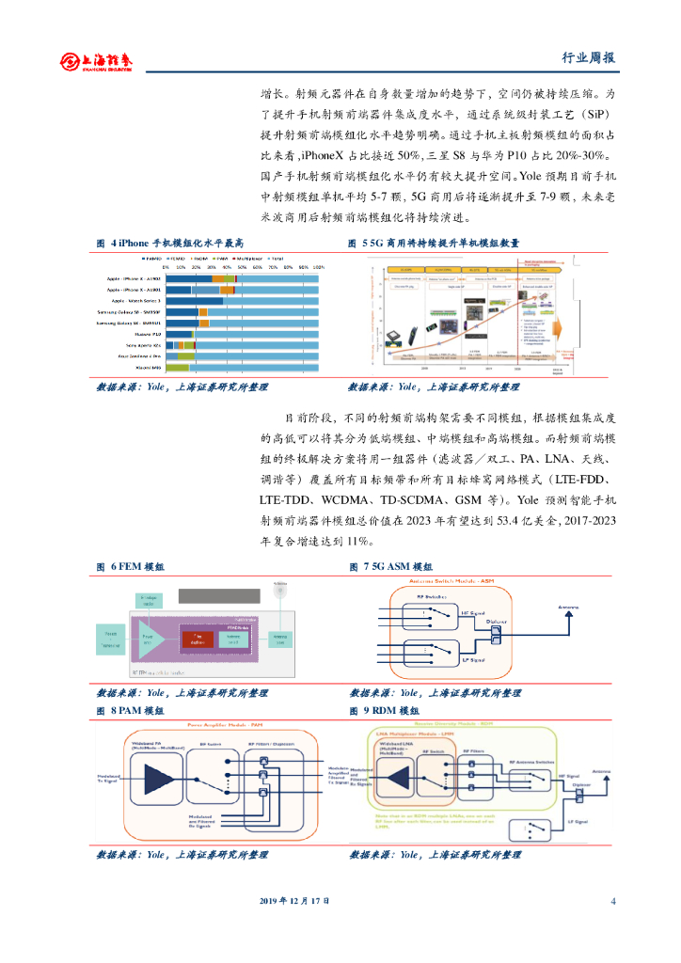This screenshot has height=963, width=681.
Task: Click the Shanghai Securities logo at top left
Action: coord(96,61)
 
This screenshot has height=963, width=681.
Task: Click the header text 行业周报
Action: coord(594,57)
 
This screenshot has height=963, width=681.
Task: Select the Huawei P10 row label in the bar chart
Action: coord(149,334)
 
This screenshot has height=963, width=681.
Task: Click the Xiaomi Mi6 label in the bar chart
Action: coord(149,368)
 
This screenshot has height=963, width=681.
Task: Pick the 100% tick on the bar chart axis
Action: coord(318,268)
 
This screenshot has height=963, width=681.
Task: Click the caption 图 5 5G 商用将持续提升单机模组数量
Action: coord(434,243)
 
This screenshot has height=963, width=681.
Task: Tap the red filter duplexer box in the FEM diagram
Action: coord(198,639)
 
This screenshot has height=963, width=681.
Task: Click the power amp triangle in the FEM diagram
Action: coord(150,639)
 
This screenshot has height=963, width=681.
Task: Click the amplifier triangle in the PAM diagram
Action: coord(157,778)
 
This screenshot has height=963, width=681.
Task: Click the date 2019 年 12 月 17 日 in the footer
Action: coord(294,900)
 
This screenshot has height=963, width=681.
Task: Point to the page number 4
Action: coord(612,900)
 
